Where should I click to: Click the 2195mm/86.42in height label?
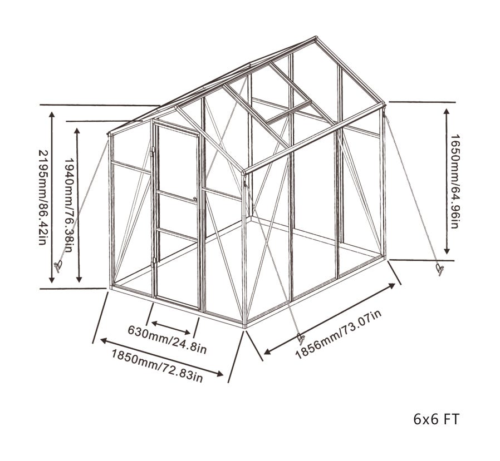click(43, 197)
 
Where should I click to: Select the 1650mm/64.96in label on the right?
click(454, 181)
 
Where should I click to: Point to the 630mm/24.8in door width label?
click(167, 339)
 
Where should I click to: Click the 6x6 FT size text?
click(436, 419)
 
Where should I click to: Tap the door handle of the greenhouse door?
click(195, 199)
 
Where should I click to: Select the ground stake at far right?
click(440, 270)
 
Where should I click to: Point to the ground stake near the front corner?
click(301, 339)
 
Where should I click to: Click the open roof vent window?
click(288, 111)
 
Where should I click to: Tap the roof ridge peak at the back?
click(316, 38)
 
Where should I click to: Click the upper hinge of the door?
click(153, 151)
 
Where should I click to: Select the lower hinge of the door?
click(154, 262)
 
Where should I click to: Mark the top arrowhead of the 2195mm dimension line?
click(52, 114)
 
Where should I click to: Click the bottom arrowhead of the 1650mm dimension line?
click(447, 251)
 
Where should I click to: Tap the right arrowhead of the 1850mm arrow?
click(220, 374)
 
